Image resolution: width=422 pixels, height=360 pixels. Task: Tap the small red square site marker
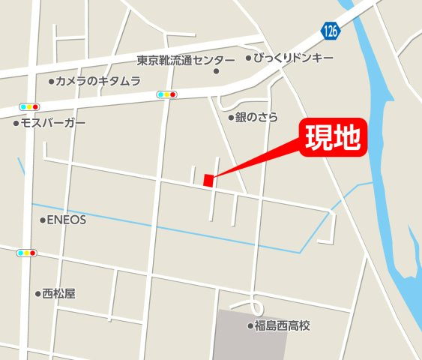coord(208,179)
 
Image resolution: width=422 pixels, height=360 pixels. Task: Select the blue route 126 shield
coord(331,31)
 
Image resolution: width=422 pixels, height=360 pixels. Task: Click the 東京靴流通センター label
coord(186,59)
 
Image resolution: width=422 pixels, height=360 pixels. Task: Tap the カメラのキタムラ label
coord(98,81)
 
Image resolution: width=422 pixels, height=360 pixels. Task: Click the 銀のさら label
coord(257,117)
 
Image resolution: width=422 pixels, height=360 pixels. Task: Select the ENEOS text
coord(67,220)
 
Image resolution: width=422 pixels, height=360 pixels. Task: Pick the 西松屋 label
coord(59,294)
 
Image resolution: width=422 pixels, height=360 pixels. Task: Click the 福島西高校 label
coord(282,325)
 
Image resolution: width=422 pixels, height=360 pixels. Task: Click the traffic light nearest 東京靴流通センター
coord(166,94)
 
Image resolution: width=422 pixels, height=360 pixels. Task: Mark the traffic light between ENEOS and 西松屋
coord(25,253)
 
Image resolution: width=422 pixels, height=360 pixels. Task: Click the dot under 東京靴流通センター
coord(216,72)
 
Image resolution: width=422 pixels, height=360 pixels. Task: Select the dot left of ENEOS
coord(42,220)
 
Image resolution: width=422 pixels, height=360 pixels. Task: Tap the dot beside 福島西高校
coord(250,325)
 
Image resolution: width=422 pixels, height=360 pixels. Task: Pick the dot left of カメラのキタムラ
coord(51,81)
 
